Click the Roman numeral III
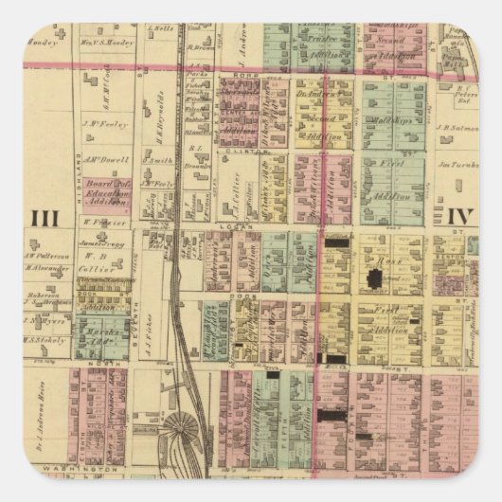click(x=45, y=219)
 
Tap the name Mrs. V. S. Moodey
click(x=105, y=43)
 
